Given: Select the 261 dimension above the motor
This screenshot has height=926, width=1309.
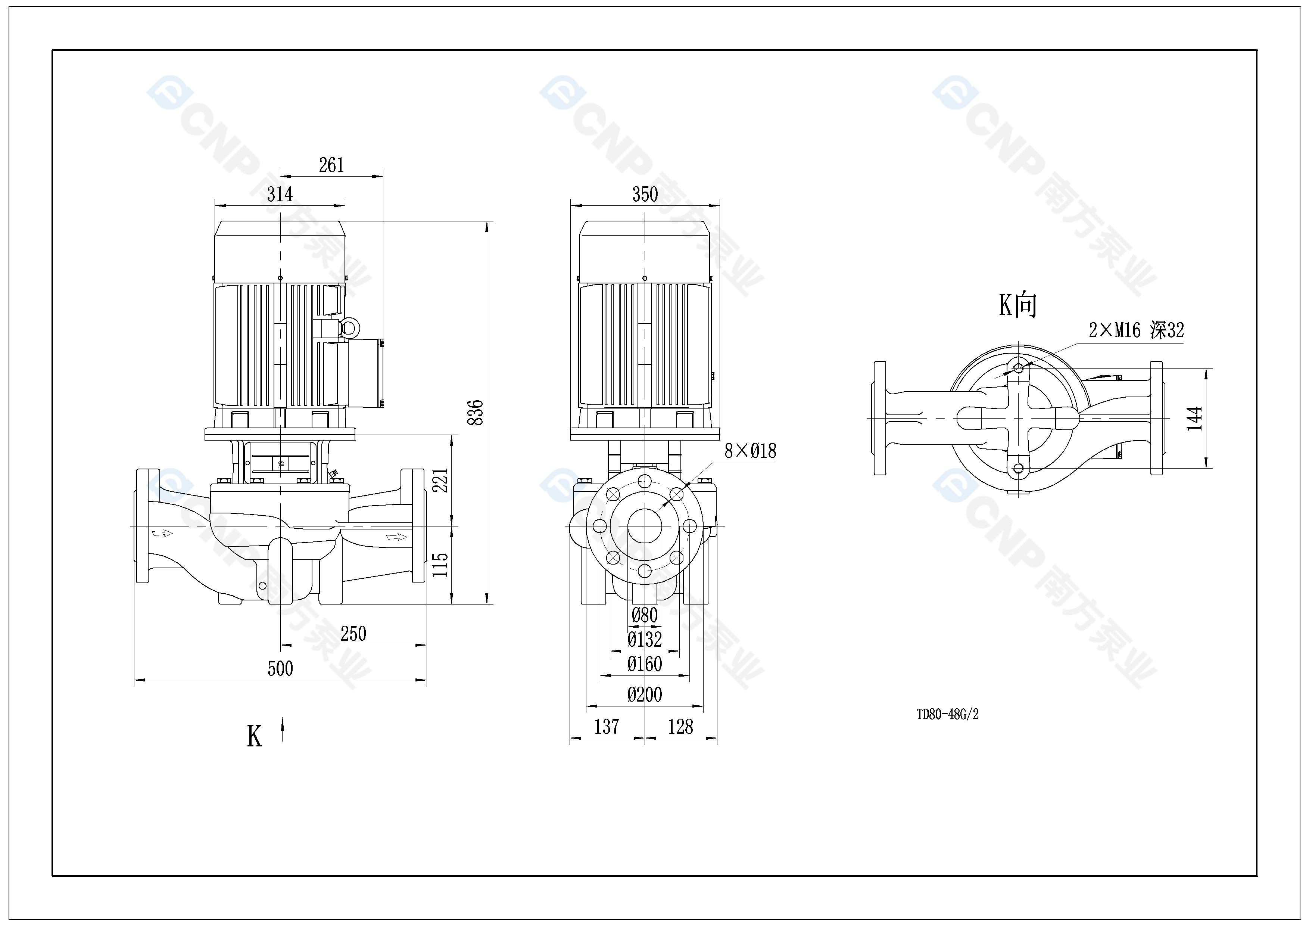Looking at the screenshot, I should tap(331, 165).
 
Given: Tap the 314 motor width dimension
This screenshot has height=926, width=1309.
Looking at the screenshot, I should tap(280, 195).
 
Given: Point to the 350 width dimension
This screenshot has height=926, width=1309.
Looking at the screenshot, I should tap(645, 195).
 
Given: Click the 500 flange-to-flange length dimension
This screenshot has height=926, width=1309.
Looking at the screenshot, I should tap(280, 668).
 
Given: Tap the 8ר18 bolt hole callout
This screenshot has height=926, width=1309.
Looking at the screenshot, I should tap(750, 451).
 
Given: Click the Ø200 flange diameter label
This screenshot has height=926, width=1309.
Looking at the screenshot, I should tap(645, 694).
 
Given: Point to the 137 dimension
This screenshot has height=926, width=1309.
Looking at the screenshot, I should tap(606, 727).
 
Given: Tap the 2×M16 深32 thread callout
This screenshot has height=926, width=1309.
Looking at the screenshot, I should tap(1136, 330).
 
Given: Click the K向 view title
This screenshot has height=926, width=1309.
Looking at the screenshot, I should tap(1017, 305).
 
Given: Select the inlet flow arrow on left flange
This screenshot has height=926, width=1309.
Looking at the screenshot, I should tap(162, 533).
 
